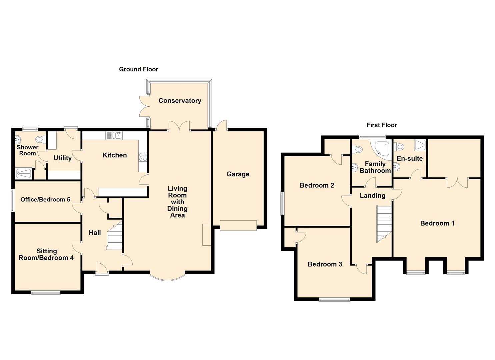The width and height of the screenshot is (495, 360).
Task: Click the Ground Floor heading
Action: pos(138,69)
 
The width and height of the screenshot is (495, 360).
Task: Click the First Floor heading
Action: pos(382,125)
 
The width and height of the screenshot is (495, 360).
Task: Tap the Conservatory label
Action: pos(180,101)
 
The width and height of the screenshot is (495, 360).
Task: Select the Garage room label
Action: pos(238,174)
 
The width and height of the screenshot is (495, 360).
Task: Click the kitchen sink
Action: pos(114,135)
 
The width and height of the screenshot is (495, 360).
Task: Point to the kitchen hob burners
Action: pos(143,157)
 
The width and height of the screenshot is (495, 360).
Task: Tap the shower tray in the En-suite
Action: pos(420,145)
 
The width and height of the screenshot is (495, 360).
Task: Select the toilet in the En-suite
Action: pos(399,147)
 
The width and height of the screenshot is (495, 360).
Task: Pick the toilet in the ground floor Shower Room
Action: pos(40,139)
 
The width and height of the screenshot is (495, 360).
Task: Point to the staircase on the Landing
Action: pos(384,222)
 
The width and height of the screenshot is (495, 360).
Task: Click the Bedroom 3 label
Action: pos(325,264)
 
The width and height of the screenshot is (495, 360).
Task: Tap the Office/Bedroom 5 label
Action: pos(45,200)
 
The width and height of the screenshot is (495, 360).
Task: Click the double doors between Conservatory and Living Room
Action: pos(179,127)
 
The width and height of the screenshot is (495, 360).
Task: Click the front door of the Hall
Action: pos(102,269)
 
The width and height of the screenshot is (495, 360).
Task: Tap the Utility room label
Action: pos(63,158)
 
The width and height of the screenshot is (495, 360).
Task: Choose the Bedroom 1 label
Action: pos(437,223)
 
